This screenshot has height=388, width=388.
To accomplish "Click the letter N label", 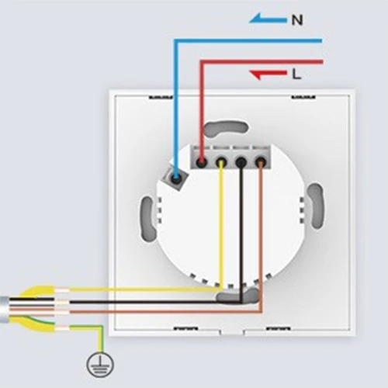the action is pos(297,20).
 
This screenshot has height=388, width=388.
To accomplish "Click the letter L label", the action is pos(296,74).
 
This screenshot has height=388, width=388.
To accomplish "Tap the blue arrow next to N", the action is pos(268,19).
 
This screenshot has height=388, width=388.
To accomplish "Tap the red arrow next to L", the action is pos(268,74).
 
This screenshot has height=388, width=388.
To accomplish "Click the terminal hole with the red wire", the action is pos(202,162).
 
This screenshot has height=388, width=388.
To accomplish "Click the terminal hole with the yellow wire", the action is pos(221,162).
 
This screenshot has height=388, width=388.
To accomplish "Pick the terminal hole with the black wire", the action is pos(241,162).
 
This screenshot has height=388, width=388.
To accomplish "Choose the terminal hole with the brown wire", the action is pos(261,162).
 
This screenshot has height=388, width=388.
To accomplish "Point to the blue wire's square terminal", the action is pos(175,178).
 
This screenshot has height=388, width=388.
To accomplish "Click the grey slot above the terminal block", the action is pos(227,129).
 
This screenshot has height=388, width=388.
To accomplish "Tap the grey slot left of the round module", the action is pos(148,219).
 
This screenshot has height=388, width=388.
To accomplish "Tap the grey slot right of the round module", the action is pos(316,206).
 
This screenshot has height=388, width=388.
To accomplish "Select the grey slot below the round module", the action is pos(237,296).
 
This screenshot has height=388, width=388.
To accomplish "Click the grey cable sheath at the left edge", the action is pos(5,310).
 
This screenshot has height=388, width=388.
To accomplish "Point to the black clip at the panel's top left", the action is pos(161,98).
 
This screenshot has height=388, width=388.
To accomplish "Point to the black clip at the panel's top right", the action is pos(303,97).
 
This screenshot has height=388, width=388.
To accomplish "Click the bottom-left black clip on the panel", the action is pos(185,328).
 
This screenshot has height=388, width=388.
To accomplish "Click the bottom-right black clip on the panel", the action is pos(279,328).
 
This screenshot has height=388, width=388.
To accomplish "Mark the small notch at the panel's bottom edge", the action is pos(232,332).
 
